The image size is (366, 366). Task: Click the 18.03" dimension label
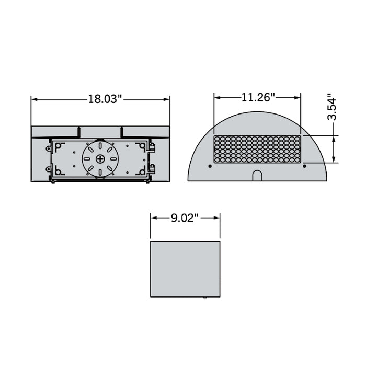tap(105, 99)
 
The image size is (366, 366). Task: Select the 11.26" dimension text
tap(258, 97)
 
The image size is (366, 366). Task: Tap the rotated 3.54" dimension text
tap(331, 108)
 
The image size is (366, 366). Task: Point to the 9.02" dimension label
tap(185, 218)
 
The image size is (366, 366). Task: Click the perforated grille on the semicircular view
tap(257, 150)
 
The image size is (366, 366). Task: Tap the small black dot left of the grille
tap(210, 166)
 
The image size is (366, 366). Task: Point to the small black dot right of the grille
tap(304, 166)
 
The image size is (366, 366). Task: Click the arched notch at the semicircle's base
tap(257, 175)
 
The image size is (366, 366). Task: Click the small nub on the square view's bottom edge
tap(205, 297)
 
